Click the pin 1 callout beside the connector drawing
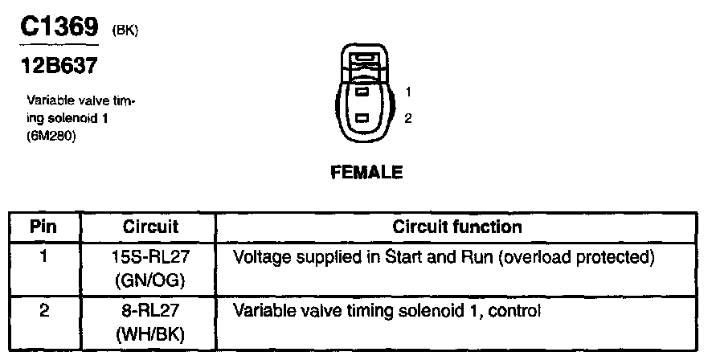[408, 91]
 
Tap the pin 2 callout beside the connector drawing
[408, 118]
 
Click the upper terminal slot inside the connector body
[362, 92]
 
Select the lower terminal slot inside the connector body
[362, 119]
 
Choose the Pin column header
[43, 227]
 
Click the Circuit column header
[150, 227]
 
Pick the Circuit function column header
[456, 227]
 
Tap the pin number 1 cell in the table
[43, 258]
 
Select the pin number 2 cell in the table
[43, 309]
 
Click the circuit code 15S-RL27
[150, 258]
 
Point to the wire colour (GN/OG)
[150, 281]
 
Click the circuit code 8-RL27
[150, 309]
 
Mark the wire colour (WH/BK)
[150, 333]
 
